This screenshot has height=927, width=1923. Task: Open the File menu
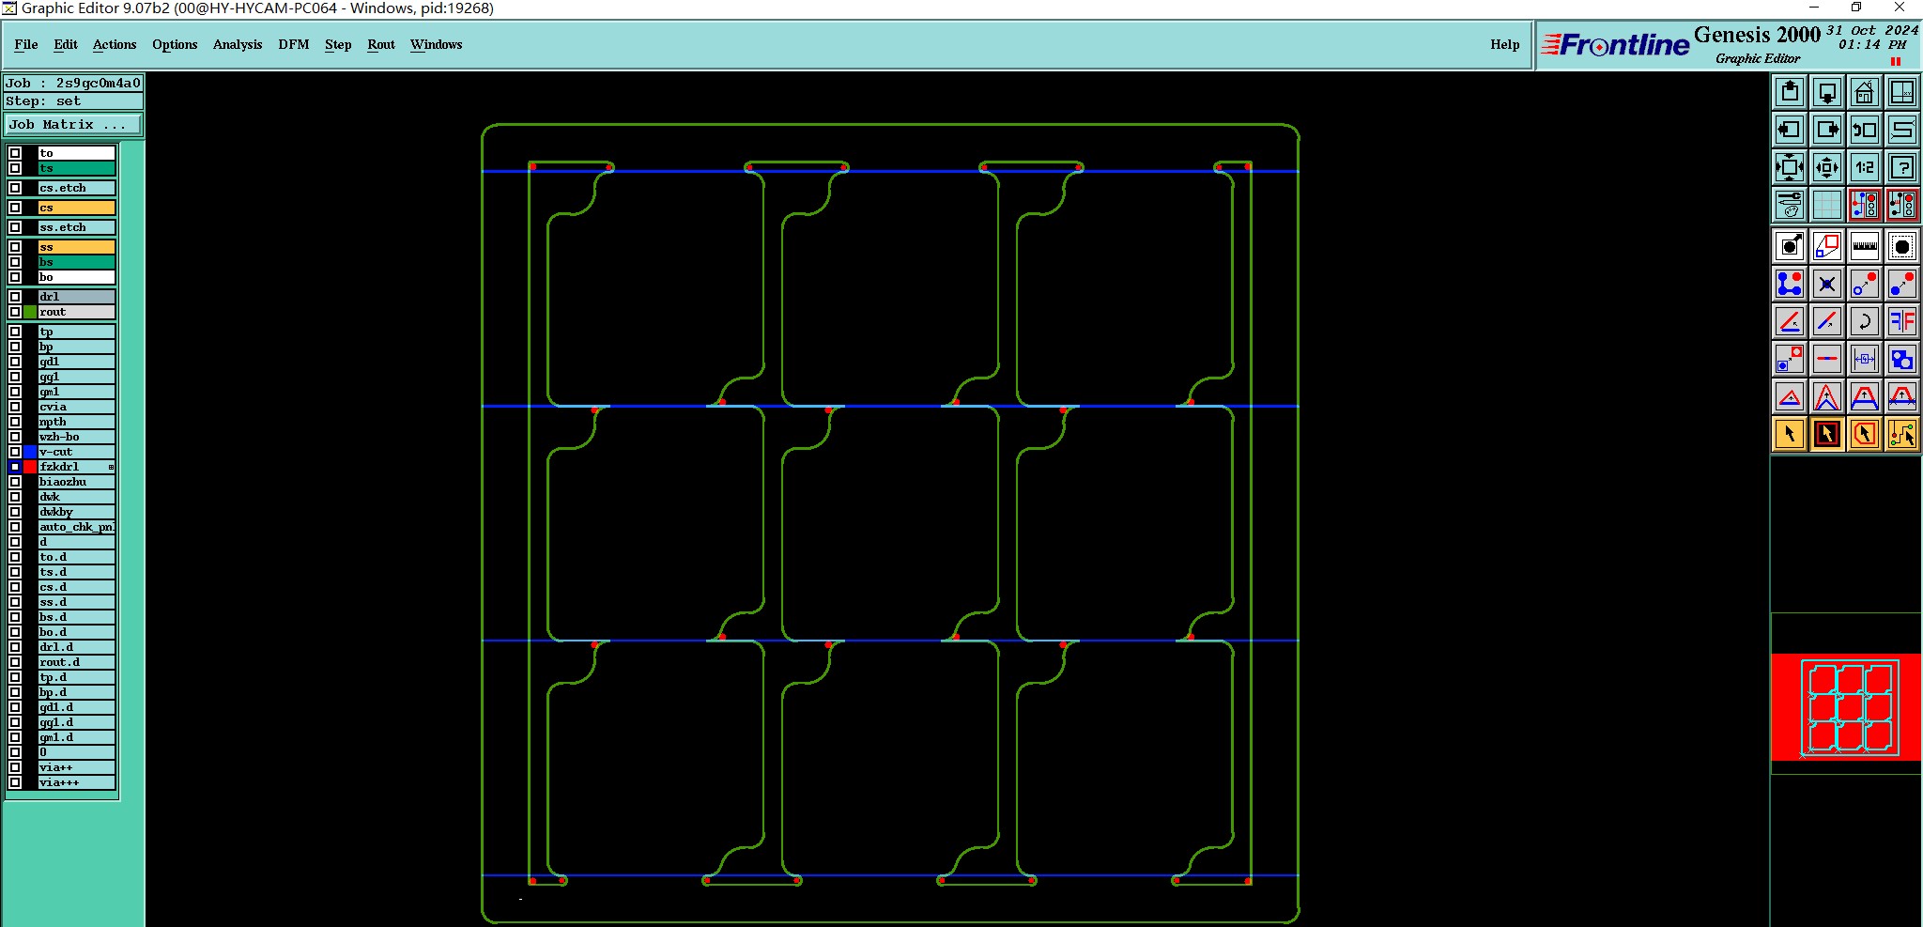coord(26,44)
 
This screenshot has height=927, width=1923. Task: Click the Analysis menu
coord(238,44)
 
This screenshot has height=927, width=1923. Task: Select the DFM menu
coord(294,44)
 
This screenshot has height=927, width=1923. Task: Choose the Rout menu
coord(381,44)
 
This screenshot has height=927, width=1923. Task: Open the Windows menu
coord(437,44)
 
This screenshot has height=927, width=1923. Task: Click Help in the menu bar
coord(1504,44)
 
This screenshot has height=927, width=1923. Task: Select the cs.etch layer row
coord(76,188)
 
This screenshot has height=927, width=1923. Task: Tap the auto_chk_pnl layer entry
coord(76,527)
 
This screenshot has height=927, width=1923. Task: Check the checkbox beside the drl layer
coord(15,297)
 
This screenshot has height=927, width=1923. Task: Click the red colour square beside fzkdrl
coord(30,467)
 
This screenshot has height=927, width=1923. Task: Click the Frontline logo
coord(1615,44)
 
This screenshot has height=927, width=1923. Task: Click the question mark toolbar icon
coord(1902,167)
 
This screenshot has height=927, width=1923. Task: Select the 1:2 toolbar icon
coord(1865,167)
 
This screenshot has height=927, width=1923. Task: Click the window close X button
coord(1900,8)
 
